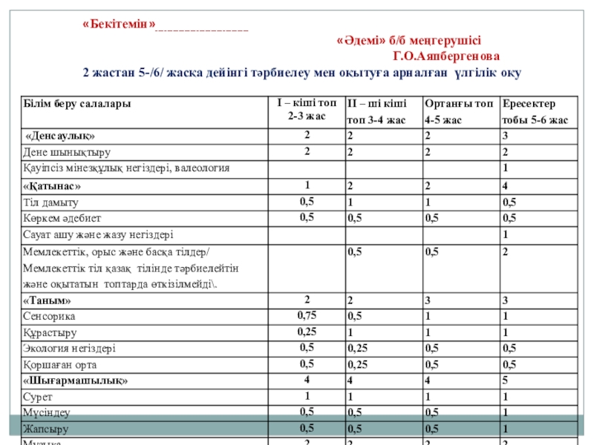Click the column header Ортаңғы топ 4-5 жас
coord(458,111)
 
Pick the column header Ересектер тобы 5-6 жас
coord(535,111)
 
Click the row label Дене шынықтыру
coord(68,153)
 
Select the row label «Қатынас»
coord(52,185)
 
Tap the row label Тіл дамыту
coord(51,202)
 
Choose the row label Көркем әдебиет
coord(62,218)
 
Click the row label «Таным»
coord(48,300)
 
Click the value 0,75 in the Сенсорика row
coord(306,315)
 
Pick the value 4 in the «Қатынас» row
coord(505,185)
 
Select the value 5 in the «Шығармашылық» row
coord(505,381)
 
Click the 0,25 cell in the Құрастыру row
coord(306,332)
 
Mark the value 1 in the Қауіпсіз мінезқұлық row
coord(505,169)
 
